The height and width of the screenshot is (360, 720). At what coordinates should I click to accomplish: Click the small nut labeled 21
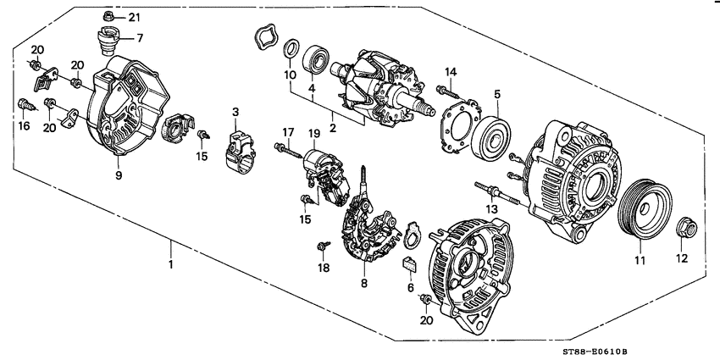[x=111, y=16]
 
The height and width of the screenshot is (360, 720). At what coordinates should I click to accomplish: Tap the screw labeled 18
[x=322, y=246]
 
